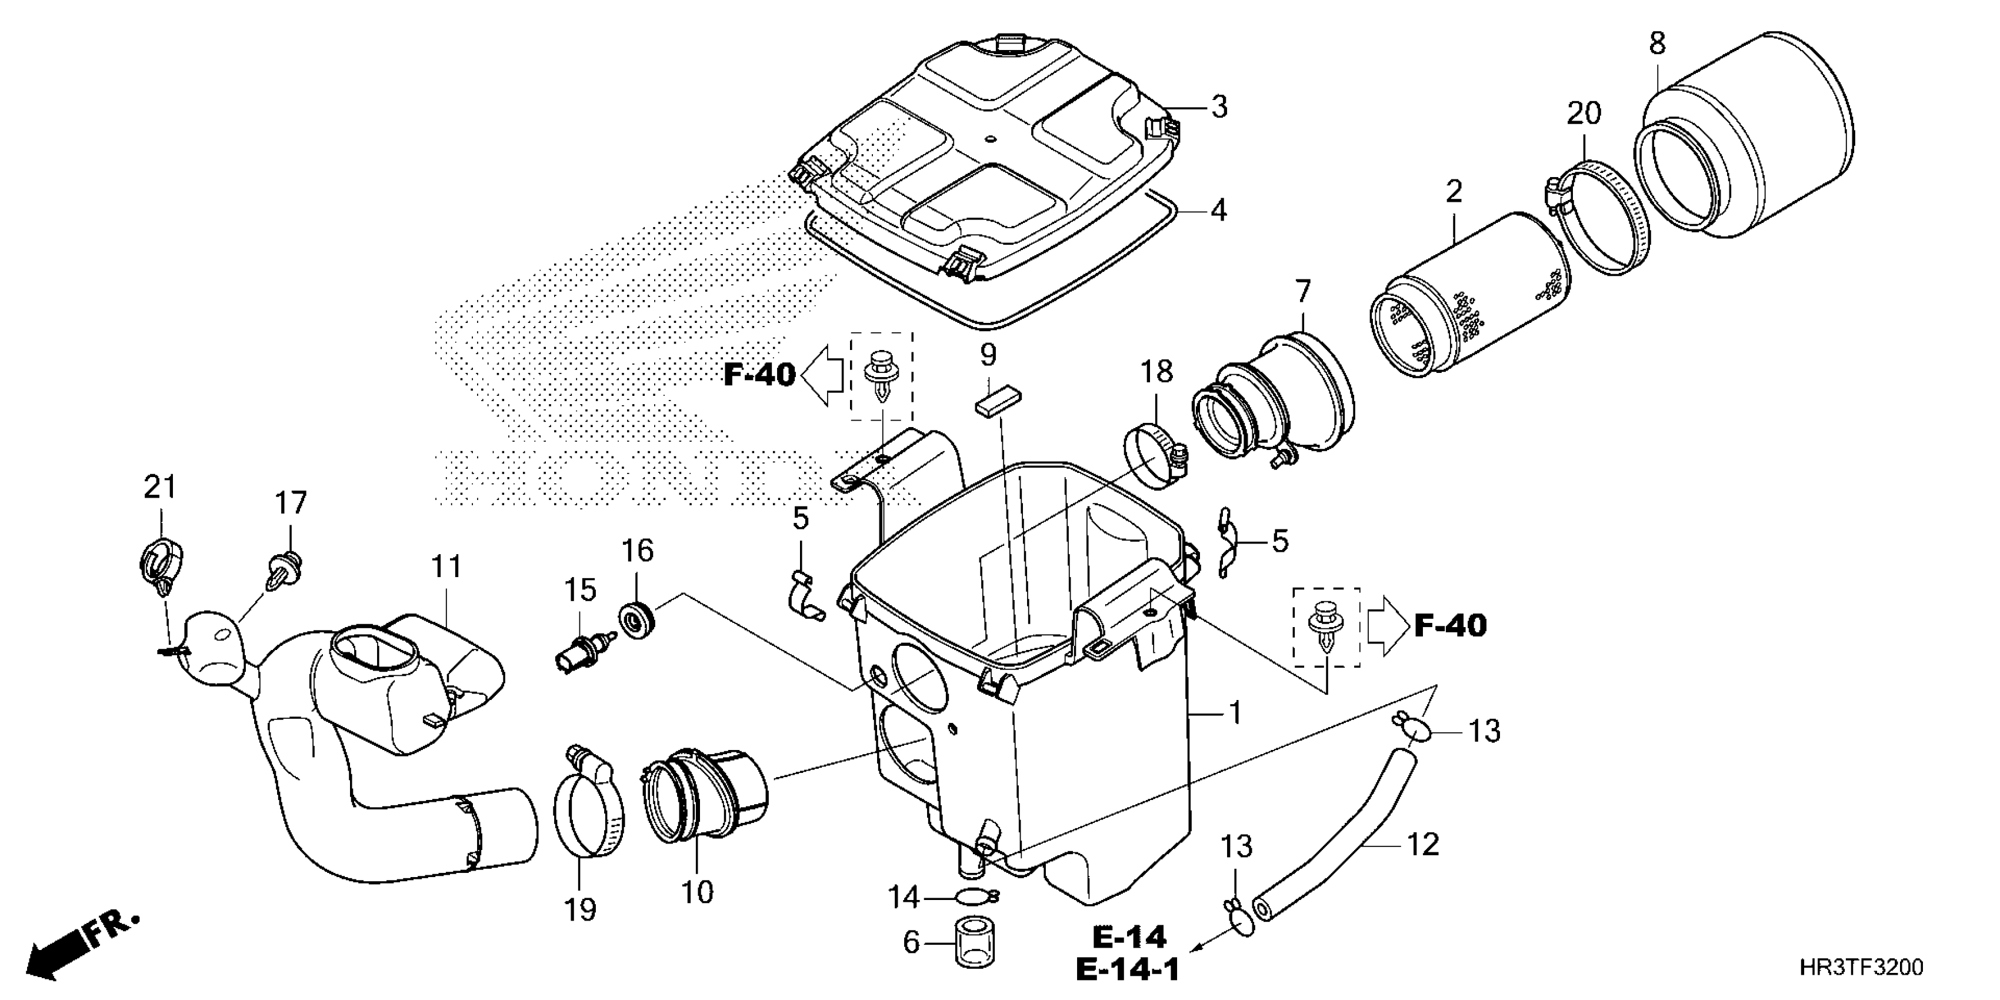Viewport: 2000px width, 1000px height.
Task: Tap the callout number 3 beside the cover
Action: click(1219, 106)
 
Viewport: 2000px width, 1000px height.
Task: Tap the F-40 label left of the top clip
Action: click(759, 375)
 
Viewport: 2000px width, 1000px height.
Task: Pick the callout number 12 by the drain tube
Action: click(1422, 845)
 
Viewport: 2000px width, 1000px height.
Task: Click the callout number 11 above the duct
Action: click(446, 568)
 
